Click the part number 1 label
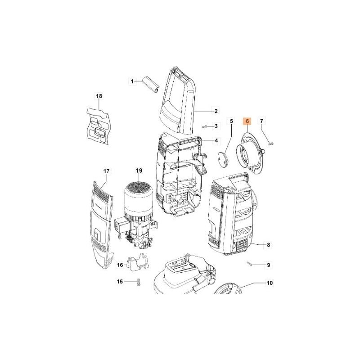pyautogui.click(x=133, y=81)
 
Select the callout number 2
pyautogui.click(x=216, y=111)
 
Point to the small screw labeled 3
pyautogui.click(x=205, y=126)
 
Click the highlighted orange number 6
pyautogui.click(x=247, y=121)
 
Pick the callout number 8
pyautogui.click(x=269, y=245)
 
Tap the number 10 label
pyautogui.click(x=270, y=283)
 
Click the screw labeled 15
pyautogui.click(x=138, y=282)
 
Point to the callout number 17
pyautogui.click(x=107, y=171)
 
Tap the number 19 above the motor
pyautogui.click(x=139, y=171)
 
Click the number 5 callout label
pyautogui.click(x=232, y=121)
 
